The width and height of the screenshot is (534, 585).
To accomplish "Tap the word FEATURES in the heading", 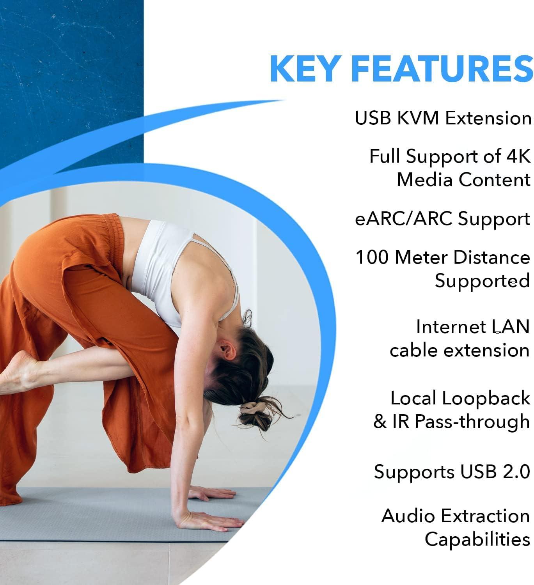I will coord(442,69).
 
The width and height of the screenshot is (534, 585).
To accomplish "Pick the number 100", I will coord(373,257).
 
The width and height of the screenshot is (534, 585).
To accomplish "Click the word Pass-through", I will coord(472,422).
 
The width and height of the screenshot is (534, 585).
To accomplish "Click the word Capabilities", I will coord(477,539).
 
